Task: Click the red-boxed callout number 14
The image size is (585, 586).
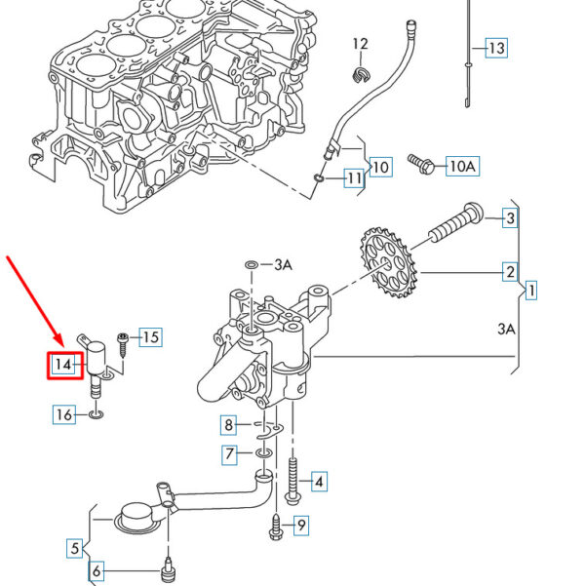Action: [x=63, y=364]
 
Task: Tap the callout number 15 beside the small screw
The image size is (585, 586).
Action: [x=151, y=337]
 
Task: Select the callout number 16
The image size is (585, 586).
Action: [x=64, y=414]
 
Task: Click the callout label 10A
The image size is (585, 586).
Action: [x=463, y=166]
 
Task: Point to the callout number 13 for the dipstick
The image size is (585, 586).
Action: [x=497, y=48]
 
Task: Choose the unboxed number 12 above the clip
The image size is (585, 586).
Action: [x=361, y=44]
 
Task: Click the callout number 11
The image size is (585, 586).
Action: [x=354, y=178]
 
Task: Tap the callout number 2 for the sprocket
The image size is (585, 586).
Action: [x=510, y=272]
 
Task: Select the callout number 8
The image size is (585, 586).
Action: [x=229, y=424]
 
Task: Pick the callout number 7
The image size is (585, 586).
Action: [x=229, y=453]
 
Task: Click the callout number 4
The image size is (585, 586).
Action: [x=319, y=482]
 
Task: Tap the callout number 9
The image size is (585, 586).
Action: [x=301, y=526]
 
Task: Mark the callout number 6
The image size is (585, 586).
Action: [x=97, y=570]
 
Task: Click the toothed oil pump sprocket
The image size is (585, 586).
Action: [x=388, y=262]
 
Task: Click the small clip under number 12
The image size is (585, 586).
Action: [x=362, y=75]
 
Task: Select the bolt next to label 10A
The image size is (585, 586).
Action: [x=421, y=164]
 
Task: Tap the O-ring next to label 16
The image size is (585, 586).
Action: [x=97, y=414]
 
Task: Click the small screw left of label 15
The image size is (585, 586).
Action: [x=122, y=345]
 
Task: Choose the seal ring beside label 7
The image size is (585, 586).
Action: [x=264, y=453]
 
